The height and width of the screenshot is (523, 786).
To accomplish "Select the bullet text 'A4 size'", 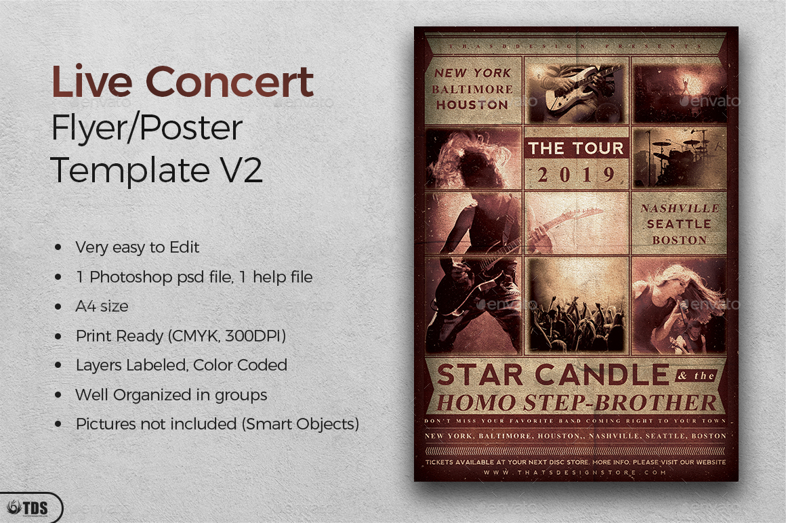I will coord(102,306).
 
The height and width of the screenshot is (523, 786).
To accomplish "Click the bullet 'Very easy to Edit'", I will coord(137,247).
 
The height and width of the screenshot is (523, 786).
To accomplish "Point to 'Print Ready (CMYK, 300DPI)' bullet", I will coord(180,336).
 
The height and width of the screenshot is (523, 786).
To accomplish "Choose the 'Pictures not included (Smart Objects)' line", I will coord(217,424).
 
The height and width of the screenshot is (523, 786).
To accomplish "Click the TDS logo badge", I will coord(30,507).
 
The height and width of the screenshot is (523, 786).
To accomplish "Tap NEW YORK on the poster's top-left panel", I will coord(472,72).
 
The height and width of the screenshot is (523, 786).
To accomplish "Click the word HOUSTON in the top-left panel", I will coord(472,105).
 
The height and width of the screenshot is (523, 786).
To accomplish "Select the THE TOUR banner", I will coord(576,148).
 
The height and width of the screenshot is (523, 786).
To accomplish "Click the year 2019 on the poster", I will coord(576,175).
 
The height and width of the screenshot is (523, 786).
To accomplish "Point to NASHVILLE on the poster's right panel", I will coord(678,209).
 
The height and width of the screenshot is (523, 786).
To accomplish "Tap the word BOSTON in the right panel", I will coord(679,240).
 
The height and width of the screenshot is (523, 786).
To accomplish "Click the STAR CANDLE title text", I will coord(553,375).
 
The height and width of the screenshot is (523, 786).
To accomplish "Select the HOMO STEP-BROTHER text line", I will coord(576,402).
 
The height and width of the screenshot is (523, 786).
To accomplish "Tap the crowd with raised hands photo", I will coord(576,305).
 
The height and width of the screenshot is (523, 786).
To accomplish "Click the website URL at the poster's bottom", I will coord(576,472).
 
